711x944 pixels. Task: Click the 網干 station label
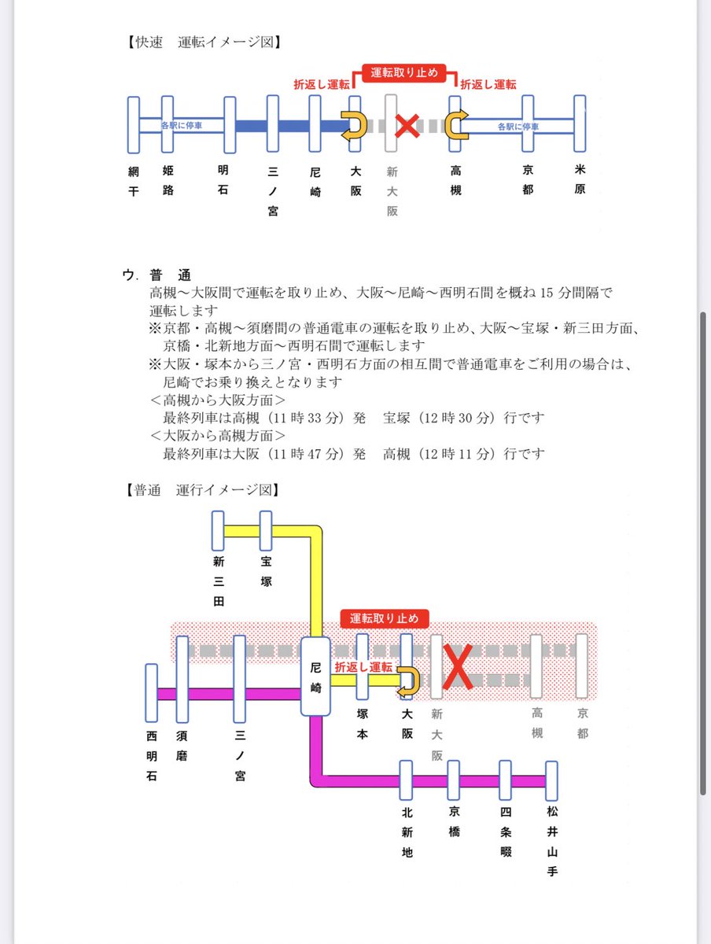(133, 180)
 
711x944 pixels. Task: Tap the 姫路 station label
(168, 180)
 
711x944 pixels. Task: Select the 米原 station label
(580, 180)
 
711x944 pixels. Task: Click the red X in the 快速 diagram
(407, 125)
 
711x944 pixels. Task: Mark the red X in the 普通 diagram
(458, 666)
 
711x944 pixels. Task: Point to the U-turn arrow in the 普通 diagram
(408, 680)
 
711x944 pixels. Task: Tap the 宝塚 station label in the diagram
(266, 572)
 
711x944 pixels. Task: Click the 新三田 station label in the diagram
(219, 581)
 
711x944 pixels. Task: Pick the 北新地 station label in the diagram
(407, 832)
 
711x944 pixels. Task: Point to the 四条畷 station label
(505, 832)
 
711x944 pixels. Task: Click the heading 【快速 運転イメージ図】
(203, 42)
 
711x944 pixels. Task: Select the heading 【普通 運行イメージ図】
(203, 489)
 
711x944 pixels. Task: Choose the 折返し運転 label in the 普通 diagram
(363, 667)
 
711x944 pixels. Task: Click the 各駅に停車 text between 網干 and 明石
(181, 125)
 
